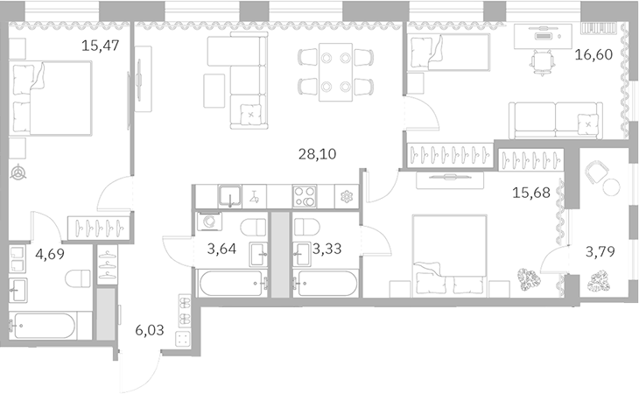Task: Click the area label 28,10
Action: click(317, 154)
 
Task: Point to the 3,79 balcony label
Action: click(600, 253)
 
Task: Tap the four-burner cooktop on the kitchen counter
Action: click(305, 196)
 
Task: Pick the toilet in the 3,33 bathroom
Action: click(303, 226)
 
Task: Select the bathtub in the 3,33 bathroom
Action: click(327, 283)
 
